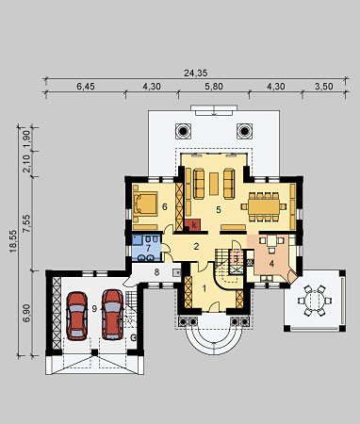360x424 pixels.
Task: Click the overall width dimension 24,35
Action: (195, 73)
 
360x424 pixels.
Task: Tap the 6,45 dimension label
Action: (86, 86)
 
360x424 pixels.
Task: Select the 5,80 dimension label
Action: (214, 86)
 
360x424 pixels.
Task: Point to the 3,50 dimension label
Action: (324, 86)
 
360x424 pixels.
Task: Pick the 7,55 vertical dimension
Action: (26, 223)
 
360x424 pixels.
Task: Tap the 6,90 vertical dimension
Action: (26, 313)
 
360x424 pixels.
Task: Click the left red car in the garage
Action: (76, 316)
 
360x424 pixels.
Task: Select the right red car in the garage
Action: (113, 315)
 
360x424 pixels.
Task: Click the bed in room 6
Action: (145, 204)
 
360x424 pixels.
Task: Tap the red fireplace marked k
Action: (193, 224)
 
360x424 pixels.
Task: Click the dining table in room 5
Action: (264, 206)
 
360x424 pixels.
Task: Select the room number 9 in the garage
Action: (94, 309)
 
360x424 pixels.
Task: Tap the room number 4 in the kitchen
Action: (271, 264)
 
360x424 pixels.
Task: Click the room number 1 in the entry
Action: (205, 288)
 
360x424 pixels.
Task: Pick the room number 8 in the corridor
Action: (156, 272)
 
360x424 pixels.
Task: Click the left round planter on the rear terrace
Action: (183, 131)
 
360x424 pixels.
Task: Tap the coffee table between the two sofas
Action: (214, 184)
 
